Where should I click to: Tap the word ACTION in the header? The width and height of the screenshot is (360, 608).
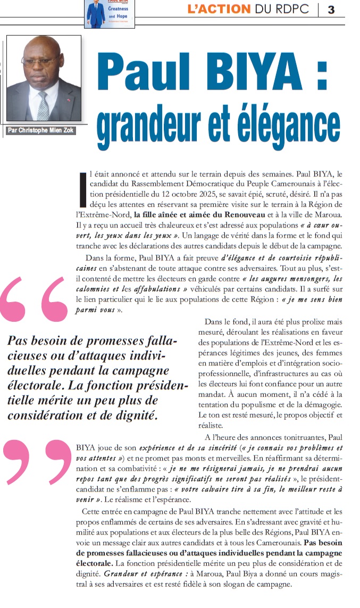pyautogui.click(x=223, y=10)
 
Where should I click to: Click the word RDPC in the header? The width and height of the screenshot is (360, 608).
pyautogui.click(x=291, y=10)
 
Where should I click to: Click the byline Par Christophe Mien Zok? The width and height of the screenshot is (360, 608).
pyautogui.click(x=41, y=130)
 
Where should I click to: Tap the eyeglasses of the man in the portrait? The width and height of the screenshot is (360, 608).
pyautogui.click(x=41, y=60)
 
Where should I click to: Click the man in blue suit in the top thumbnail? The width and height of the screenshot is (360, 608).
pyautogui.click(x=96, y=14)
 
